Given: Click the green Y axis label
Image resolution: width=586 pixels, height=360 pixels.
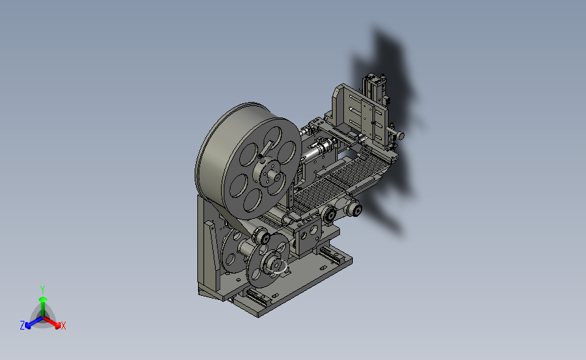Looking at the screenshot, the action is pos(42,290).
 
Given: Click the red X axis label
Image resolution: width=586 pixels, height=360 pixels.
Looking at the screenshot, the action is pos(63,326).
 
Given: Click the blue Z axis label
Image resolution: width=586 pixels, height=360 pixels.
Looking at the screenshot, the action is pos(22,326).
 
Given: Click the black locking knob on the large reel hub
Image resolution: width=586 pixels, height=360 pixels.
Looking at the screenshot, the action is pos(260,157).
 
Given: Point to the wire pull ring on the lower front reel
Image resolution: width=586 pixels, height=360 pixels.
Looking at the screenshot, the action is pos(278,268).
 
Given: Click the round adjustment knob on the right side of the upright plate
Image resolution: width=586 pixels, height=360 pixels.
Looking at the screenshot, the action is pos(400,135).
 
